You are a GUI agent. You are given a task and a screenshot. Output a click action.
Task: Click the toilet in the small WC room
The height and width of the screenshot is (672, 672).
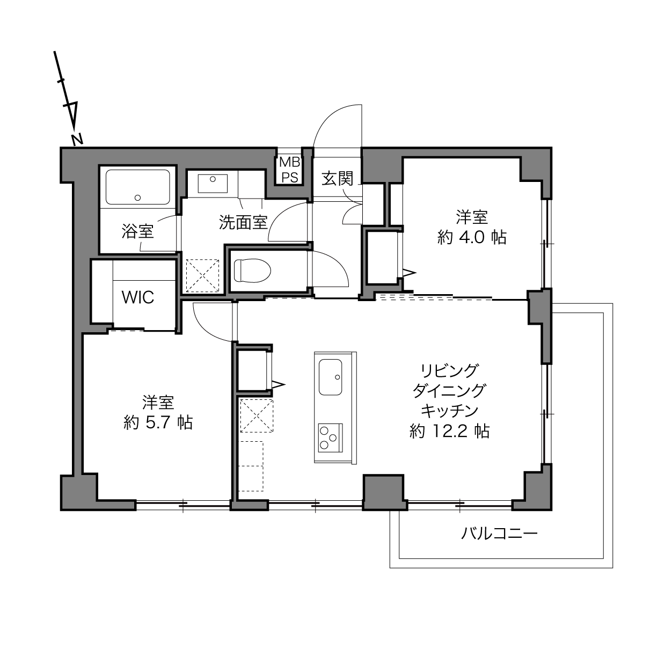click(x=252, y=271)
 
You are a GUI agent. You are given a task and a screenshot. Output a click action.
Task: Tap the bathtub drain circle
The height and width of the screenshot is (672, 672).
click(x=138, y=198)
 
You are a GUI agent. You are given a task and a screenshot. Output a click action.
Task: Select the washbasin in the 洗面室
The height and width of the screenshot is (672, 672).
click(x=213, y=184)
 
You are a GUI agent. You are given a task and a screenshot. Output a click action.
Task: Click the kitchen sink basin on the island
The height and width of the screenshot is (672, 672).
click(x=330, y=377)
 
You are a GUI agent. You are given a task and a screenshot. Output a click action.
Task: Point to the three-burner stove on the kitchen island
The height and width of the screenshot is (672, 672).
click(x=330, y=438)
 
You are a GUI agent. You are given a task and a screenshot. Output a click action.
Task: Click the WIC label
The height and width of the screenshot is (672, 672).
click(x=138, y=297)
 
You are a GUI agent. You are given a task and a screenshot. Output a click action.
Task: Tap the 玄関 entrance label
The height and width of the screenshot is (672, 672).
click(x=337, y=178)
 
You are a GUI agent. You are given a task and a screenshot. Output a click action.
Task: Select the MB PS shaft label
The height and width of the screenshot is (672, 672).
click(x=290, y=170)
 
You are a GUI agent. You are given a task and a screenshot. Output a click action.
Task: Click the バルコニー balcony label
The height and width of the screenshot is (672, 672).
click(x=499, y=533)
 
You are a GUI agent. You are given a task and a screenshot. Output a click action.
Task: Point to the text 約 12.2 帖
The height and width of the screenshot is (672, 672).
click(x=449, y=432)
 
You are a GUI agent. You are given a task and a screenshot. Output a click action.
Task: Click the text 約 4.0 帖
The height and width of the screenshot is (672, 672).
click(x=471, y=237)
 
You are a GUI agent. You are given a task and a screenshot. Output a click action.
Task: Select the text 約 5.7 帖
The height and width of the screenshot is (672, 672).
click(x=158, y=423)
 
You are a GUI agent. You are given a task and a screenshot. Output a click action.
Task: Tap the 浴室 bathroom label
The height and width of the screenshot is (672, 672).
click(x=138, y=231)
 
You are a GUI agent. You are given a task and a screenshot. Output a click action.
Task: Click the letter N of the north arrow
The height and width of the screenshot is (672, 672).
click(x=77, y=140)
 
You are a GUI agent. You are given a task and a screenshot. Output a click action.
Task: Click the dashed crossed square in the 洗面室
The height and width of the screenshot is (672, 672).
click(x=202, y=275)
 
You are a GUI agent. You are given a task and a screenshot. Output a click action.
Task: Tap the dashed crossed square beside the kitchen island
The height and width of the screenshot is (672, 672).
click(x=257, y=416)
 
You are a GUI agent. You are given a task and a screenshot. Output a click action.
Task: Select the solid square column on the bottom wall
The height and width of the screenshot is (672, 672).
click(x=384, y=492)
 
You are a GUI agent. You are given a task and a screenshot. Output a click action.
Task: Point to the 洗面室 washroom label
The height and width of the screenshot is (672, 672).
click(x=244, y=222)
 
